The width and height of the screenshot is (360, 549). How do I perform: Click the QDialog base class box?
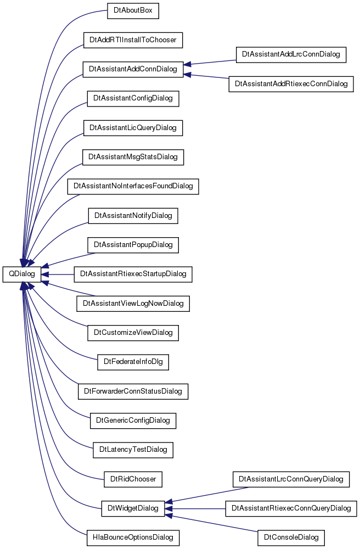pyautogui.click(x=22, y=274)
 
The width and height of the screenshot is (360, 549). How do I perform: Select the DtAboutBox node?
pyautogui.click(x=133, y=11)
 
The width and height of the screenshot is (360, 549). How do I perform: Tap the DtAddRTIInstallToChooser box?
pyautogui.click(x=133, y=40)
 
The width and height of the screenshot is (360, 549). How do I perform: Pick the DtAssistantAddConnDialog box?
pyautogui.click(x=133, y=69)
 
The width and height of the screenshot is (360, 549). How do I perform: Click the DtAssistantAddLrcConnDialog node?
pyautogui.click(x=291, y=54)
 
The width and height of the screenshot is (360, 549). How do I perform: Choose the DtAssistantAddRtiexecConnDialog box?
pyautogui.click(x=291, y=84)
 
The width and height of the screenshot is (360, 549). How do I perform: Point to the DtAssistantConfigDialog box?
pyautogui.click(x=133, y=98)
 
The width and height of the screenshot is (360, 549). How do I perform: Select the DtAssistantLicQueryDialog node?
pyautogui.click(x=133, y=128)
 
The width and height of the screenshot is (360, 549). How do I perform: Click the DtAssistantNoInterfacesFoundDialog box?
pyautogui.click(x=133, y=186)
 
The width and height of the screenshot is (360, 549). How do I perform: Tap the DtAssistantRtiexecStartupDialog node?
pyautogui.click(x=133, y=274)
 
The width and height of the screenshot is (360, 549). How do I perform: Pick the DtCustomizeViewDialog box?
pyautogui.click(x=133, y=333)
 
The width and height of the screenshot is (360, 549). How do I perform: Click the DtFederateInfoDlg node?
pyautogui.click(x=133, y=362)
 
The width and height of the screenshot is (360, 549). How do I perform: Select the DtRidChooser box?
pyautogui.click(x=133, y=479)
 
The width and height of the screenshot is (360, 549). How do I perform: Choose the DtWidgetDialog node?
pyautogui.click(x=133, y=508)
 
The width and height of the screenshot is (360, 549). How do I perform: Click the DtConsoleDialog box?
pyautogui.click(x=291, y=537)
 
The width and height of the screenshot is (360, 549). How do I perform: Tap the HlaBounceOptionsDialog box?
pyautogui.click(x=133, y=537)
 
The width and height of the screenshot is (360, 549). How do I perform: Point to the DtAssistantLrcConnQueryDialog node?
pyautogui.click(x=291, y=479)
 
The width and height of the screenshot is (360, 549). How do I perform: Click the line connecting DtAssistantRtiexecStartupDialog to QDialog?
pyautogui.click(x=58, y=274)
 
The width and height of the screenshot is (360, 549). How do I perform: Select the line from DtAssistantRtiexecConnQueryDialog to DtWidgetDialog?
pyautogui.click(x=195, y=508)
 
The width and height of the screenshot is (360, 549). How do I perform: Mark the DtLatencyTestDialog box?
pyautogui.click(x=133, y=450)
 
